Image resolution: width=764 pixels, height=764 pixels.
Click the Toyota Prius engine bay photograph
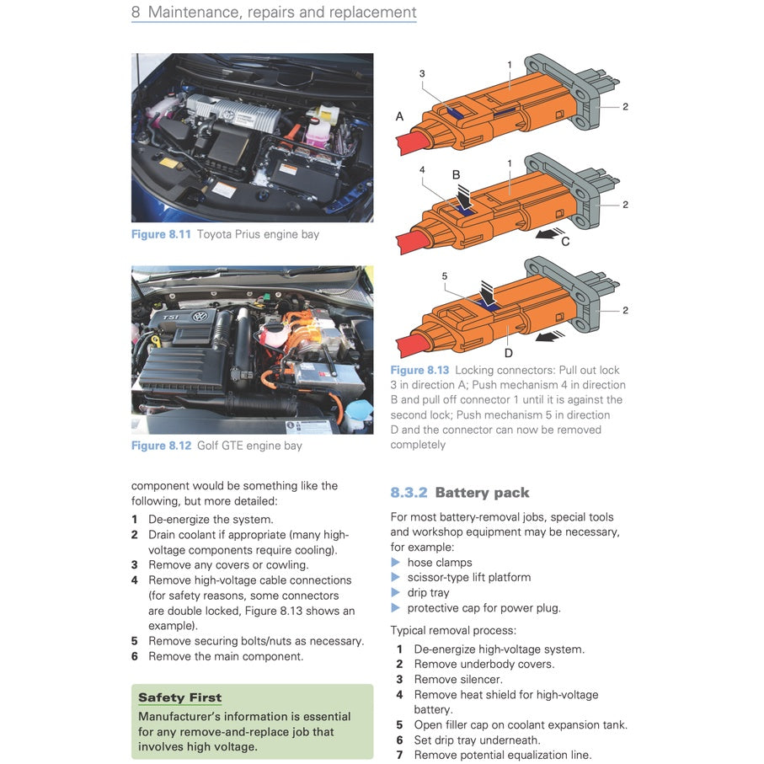(252, 137)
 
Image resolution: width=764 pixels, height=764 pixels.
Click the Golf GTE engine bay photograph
(252, 350)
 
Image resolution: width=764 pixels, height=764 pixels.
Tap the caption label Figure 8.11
(161, 234)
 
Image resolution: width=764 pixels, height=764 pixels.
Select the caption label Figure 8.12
(161, 446)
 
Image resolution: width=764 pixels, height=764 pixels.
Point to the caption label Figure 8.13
(419, 370)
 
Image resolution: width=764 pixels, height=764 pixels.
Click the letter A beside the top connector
(399, 116)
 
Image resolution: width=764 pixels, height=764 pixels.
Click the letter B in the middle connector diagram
(456, 175)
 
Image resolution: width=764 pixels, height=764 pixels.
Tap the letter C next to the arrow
(565, 242)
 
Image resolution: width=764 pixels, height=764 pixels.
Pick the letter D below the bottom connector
(508, 353)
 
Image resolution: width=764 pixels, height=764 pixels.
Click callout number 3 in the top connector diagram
(422, 74)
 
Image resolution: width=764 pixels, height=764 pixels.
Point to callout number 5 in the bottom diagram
(444, 275)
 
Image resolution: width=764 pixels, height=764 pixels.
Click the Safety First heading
(179, 697)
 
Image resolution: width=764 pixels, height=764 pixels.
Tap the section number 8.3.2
(409, 493)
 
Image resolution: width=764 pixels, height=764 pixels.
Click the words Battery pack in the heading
(482, 493)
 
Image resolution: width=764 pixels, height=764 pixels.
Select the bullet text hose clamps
(439, 563)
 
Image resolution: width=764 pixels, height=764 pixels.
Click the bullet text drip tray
(428, 593)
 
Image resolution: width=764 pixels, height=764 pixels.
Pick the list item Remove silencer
(457, 680)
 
